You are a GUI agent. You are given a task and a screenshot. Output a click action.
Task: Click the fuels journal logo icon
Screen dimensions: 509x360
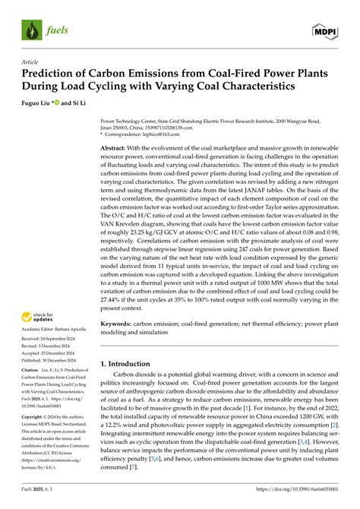pyautogui.click(x=31, y=32)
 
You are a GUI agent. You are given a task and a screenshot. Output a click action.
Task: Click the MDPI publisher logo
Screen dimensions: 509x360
pyautogui.click(x=327, y=31)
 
